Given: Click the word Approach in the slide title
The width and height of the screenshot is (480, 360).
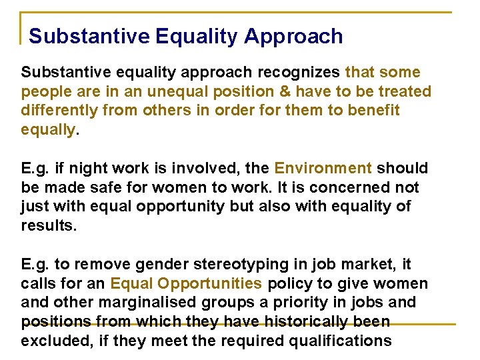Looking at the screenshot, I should coord(293,36).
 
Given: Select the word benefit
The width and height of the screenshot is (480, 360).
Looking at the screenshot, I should coord(375,111).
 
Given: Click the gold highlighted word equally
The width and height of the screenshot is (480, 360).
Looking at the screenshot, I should coord(48,130).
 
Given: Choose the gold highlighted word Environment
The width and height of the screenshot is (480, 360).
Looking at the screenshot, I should coord(323,168).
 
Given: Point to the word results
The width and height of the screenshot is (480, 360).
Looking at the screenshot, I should coord(49,226).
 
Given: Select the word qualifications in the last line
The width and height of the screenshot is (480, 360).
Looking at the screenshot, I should coord(335,341).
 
